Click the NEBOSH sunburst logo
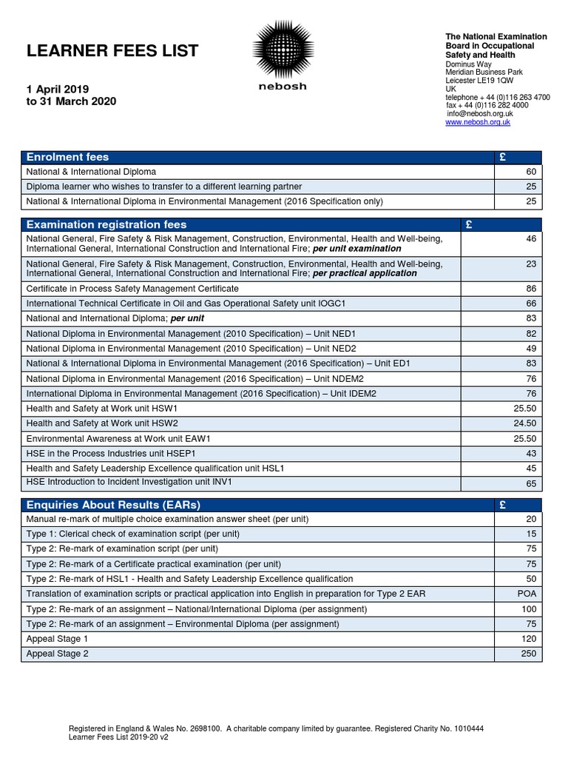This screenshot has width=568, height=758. click(x=283, y=50)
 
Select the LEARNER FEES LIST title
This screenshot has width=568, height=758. click(x=112, y=51)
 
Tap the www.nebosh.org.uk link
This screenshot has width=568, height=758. click(x=477, y=122)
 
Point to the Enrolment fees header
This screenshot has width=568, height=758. click(x=67, y=157)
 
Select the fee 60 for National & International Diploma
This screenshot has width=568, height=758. click(x=530, y=172)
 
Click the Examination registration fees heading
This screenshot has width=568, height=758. click(x=106, y=224)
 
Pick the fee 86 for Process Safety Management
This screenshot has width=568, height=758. click(x=530, y=288)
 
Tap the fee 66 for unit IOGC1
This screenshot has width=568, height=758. click(x=530, y=303)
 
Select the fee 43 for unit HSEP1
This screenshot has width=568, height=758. click(x=530, y=453)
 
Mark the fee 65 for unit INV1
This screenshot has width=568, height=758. click(x=530, y=483)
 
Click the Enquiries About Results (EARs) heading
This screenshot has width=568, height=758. click(x=113, y=505)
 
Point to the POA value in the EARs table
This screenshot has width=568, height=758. click(x=527, y=594)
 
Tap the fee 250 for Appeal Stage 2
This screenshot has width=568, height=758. click(x=527, y=654)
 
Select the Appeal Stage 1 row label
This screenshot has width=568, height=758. click(x=57, y=639)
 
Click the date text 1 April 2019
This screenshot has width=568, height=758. click(x=58, y=89)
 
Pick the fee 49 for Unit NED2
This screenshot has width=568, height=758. click(x=530, y=348)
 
